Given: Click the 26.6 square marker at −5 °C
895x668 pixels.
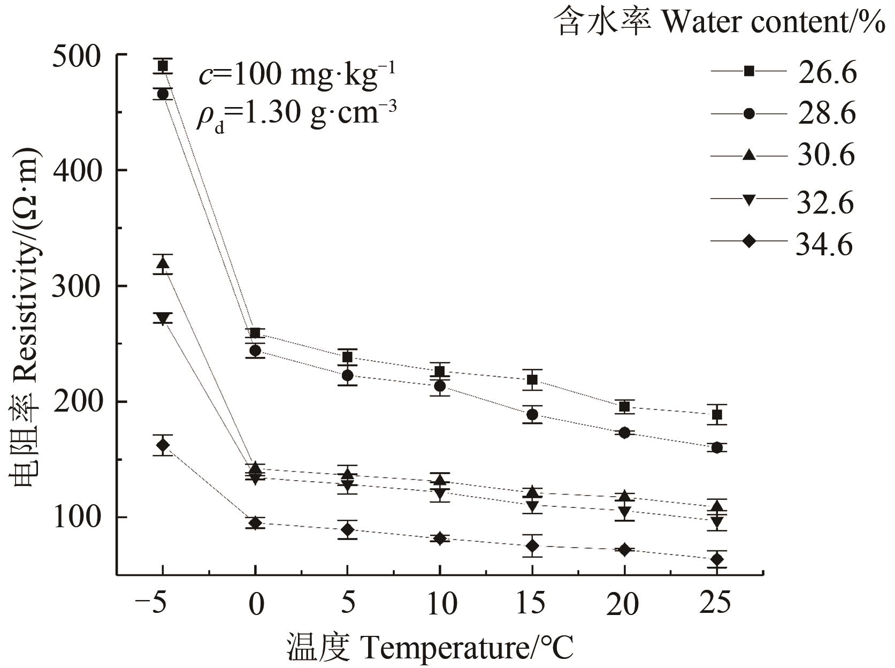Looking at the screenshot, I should (163, 66).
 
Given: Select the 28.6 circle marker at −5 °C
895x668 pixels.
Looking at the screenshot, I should (163, 94).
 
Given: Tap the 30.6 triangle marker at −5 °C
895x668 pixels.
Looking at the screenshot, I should (163, 263).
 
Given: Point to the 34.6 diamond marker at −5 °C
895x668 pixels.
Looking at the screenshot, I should (163, 445).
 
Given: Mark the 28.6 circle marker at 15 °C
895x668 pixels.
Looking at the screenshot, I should (532, 414).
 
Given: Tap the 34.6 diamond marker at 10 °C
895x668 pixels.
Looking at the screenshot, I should (440, 538).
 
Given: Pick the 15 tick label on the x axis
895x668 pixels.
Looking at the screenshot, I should (532, 605).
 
